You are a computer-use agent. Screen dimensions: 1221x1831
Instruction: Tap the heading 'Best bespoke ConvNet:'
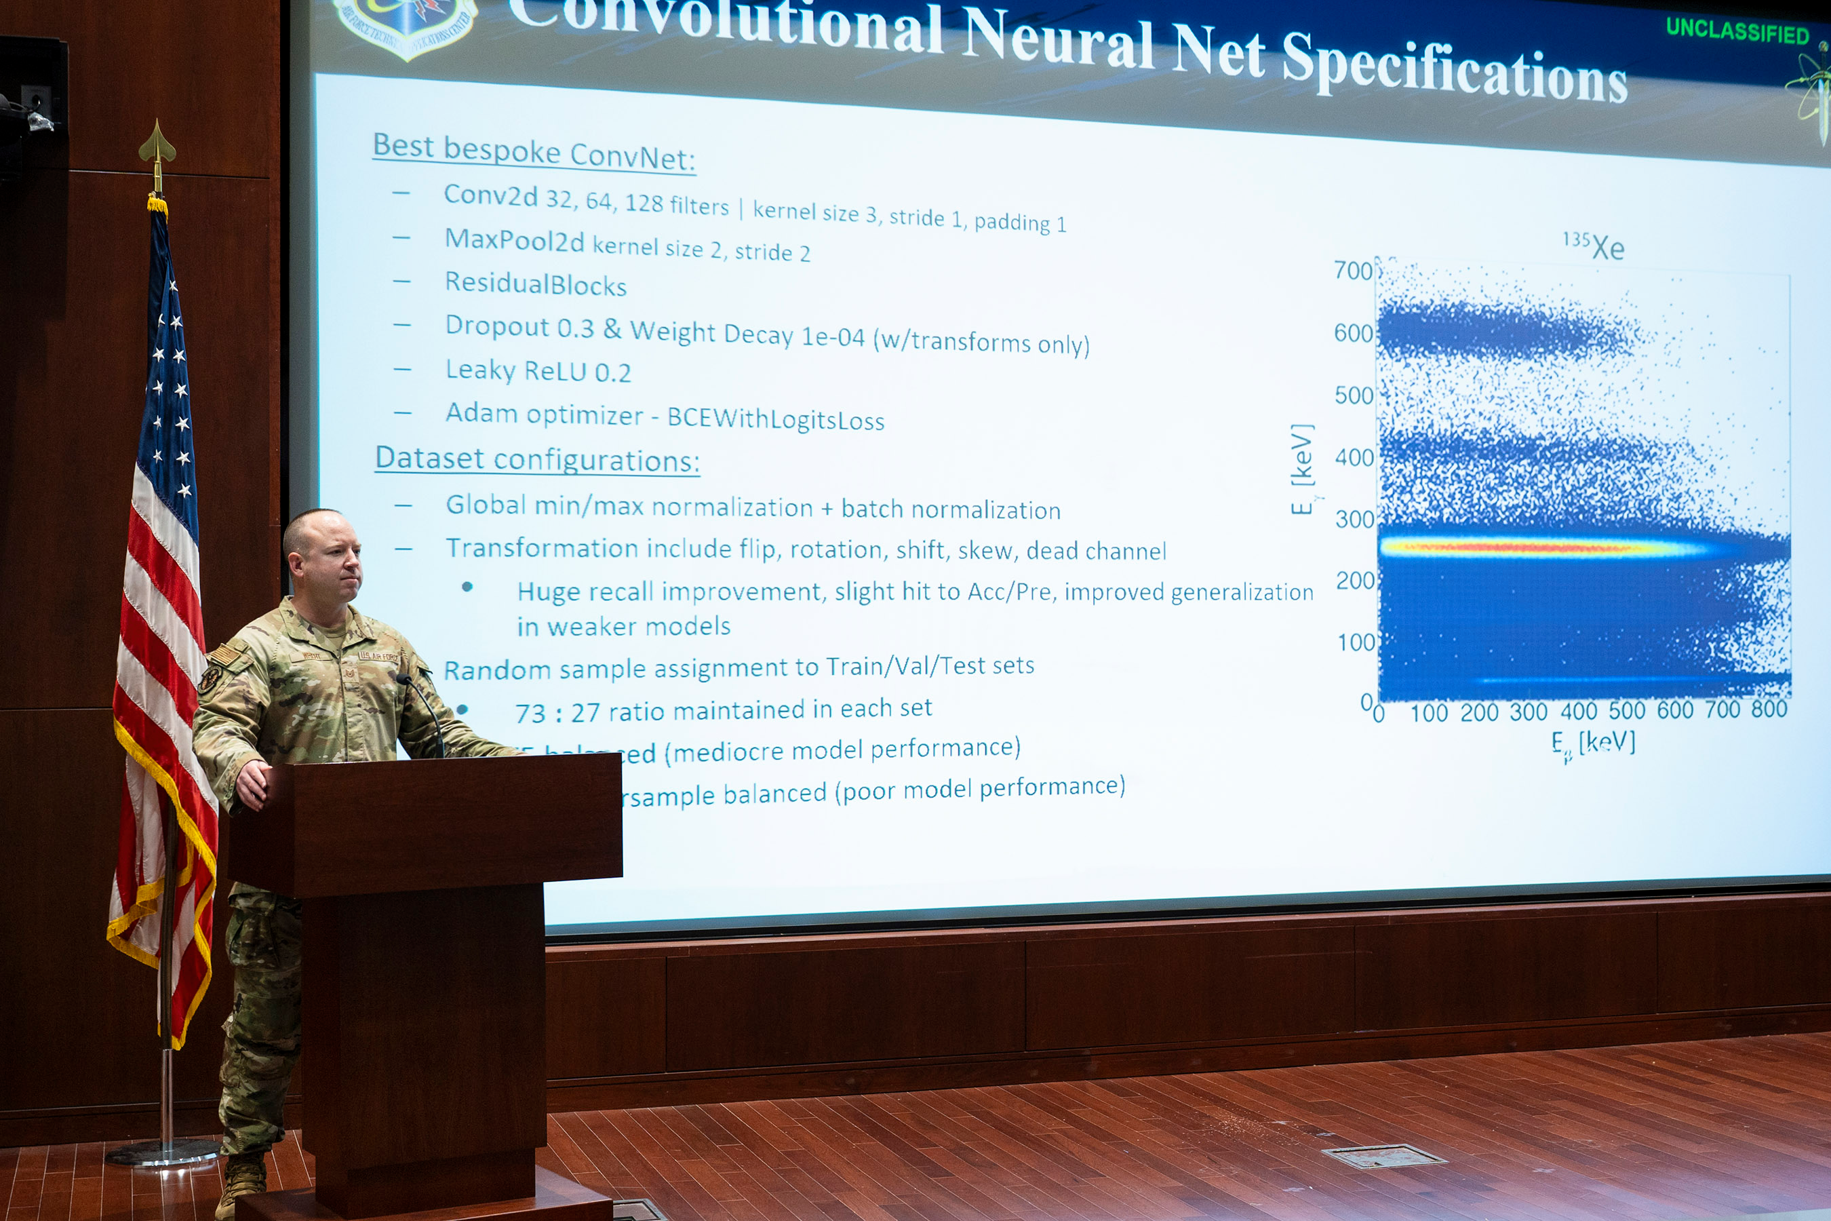coord(534,151)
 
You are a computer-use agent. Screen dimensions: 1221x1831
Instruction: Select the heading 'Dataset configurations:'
coord(537,459)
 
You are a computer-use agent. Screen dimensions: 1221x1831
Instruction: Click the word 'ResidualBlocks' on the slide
coord(536,284)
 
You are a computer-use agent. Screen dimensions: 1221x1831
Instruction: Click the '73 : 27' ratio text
coord(557,712)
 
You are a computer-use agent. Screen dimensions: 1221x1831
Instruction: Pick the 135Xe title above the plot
coord(1594,246)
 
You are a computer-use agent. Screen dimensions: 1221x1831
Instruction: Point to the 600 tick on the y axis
coord(1353,333)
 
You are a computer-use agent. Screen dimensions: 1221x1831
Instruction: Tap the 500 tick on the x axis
coord(1627,710)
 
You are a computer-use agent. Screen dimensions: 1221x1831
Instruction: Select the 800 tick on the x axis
coord(1769,709)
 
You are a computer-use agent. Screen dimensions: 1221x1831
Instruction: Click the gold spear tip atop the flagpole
coord(157,144)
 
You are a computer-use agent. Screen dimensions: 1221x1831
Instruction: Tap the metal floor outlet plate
coord(1383,1157)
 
